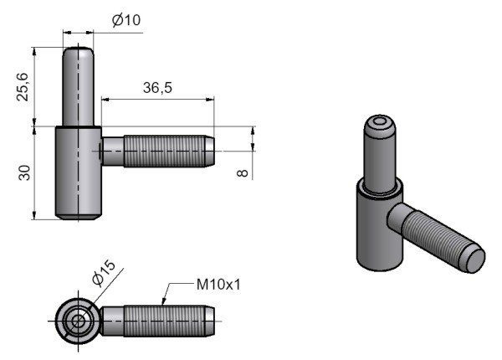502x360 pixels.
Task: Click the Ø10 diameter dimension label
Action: click(x=126, y=20)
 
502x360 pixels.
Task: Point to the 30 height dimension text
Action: click(x=25, y=173)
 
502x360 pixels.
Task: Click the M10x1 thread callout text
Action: click(x=218, y=285)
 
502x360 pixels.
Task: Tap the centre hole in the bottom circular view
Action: click(x=77, y=319)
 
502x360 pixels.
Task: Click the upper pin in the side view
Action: click(x=79, y=87)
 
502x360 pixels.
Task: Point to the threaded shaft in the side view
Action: click(x=159, y=151)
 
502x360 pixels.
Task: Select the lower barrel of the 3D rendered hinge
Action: click(x=373, y=230)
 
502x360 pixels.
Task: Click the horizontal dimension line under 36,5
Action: click(x=159, y=98)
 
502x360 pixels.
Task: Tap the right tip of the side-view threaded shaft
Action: click(x=217, y=151)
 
